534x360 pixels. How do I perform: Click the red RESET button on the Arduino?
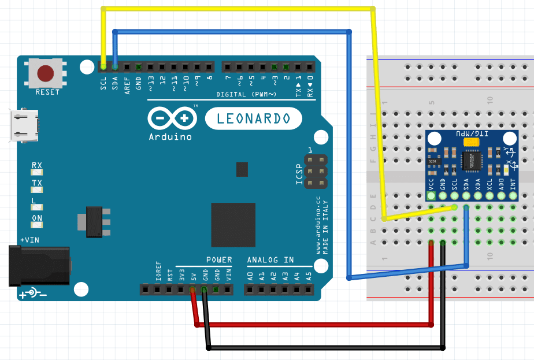click(46, 73)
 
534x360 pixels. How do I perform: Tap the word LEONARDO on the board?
click(253, 119)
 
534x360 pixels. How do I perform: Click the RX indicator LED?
click(37, 172)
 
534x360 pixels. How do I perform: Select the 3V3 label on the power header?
click(181, 274)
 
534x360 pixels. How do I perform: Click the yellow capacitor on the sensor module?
click(471, 141)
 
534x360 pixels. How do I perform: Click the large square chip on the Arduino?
click(233, 225)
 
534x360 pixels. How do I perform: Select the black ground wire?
click(324, 348)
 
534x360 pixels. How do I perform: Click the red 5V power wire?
click(312, 325)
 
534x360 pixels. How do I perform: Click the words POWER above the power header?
click(219, 259)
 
